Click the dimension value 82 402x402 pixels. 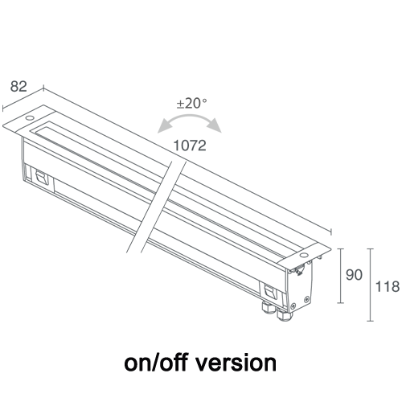[18, 87]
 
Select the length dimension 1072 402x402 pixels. [190, 146]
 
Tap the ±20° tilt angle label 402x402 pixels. [192, 104]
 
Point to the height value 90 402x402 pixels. [354, 275]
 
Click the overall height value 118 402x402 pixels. [388, 286]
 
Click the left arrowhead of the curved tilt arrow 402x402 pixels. [163, 127]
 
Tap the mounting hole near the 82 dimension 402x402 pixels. [29, 117]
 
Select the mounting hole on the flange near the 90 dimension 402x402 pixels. [304, 255]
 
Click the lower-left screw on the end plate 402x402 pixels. [293, 306]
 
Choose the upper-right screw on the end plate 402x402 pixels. [306, 298]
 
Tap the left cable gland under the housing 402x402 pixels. [269, 308]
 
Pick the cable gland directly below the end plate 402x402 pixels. [284, 315]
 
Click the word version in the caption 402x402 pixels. [236, 363]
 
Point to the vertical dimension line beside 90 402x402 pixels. [340, 276]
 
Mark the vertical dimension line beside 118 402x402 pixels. [370, 285]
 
